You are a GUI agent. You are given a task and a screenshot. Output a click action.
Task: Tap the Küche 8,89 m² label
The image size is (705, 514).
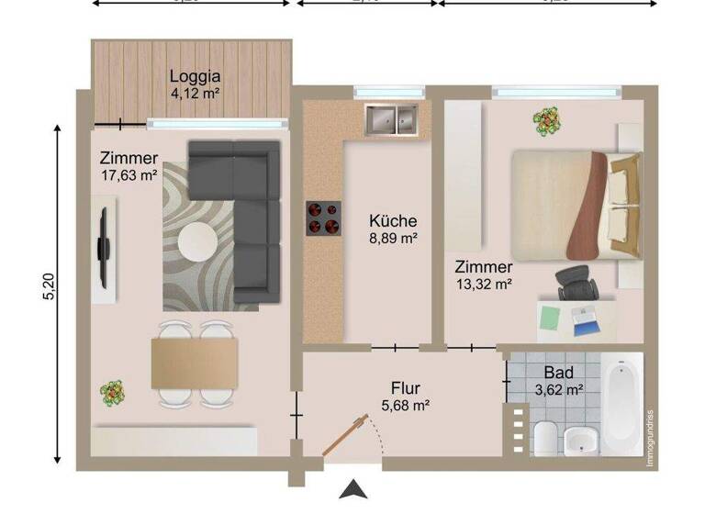pos(393,229)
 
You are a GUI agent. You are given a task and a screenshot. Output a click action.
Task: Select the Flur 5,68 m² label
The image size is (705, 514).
pos(405,396)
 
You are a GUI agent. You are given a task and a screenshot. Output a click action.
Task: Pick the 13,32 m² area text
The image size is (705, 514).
pos(484,284)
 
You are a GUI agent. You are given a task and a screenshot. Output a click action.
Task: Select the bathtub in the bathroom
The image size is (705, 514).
pos(622,404)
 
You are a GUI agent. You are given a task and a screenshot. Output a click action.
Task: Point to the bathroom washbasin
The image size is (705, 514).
pos(580,441)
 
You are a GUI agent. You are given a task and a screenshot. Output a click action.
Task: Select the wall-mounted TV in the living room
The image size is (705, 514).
pos(106,246)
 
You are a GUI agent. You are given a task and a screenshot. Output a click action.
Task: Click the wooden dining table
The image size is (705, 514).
pos(195,363)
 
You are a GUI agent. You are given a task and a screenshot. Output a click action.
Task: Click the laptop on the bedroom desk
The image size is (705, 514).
pos(584,318)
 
